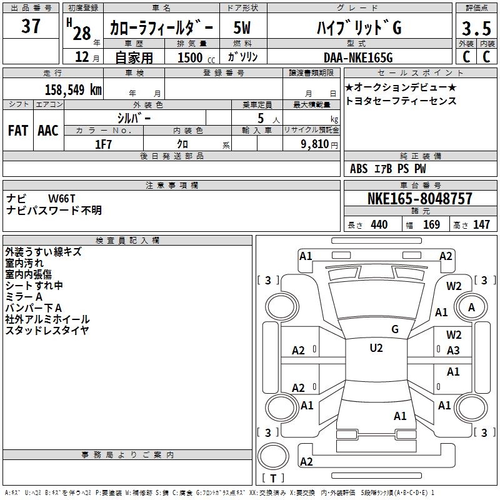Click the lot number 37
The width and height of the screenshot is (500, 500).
31,26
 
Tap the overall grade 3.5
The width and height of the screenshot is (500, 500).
476,28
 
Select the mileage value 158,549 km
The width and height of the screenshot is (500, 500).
73,90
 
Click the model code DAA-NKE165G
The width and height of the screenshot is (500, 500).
358,57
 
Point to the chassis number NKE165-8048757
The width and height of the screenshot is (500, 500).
419,199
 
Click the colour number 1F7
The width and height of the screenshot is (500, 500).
104,144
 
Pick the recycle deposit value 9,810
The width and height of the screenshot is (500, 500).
315,144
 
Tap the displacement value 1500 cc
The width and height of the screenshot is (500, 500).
196,57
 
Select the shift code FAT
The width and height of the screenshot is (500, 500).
18,131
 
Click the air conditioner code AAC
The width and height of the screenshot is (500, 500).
48,131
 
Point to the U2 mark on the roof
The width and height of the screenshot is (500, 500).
376,348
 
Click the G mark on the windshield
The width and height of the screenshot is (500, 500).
395,329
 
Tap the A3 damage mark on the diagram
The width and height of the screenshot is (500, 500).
453,351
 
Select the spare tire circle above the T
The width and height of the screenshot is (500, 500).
273,456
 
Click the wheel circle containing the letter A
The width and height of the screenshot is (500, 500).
471,307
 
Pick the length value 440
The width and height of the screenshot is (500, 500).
379,225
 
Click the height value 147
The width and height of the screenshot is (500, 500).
481,225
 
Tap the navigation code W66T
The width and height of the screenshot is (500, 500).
62,199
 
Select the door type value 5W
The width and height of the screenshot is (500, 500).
242,27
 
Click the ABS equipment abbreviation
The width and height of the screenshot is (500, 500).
359,169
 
